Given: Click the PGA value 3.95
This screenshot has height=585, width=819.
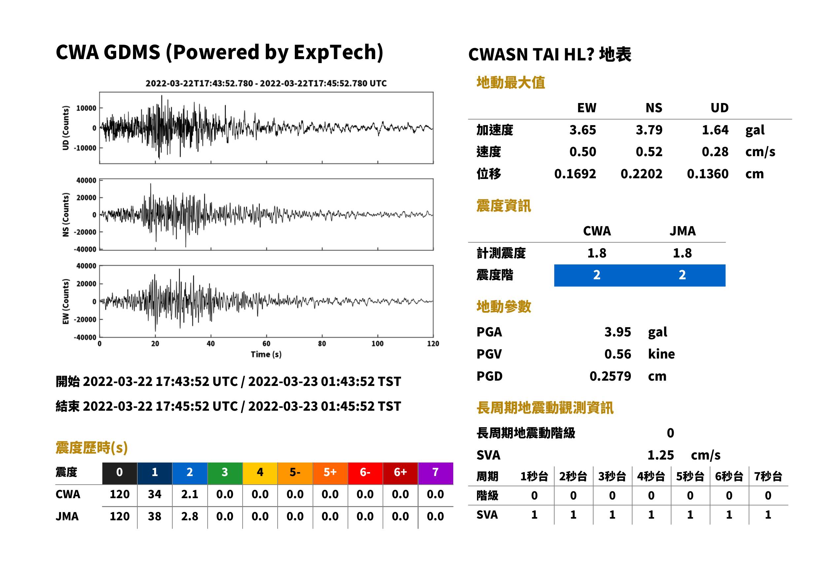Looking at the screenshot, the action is point(617,332).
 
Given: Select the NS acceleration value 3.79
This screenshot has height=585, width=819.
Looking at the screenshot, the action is point(649,130).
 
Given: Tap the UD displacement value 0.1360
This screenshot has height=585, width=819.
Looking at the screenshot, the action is point(707,174).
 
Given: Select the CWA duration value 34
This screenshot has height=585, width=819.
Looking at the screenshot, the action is point(154,494).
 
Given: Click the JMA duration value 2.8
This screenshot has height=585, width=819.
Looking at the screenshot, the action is point(189,516).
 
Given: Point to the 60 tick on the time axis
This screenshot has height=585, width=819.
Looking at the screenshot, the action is point(266,344).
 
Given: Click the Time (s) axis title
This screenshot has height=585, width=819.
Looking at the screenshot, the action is point(266,355).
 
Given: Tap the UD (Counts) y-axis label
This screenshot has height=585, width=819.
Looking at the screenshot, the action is point(66,128).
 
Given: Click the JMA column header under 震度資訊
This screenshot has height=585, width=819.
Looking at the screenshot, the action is point(683,231).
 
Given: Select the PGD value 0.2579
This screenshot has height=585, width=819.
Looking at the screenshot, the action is point(610,376).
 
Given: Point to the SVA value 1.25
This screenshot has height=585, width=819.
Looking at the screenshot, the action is point(661,455).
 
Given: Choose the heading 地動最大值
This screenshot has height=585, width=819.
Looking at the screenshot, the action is point(511,83).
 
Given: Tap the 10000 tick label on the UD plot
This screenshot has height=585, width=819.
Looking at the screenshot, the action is point(86,108).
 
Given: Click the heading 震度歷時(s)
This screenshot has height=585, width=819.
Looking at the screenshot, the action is point(92,448).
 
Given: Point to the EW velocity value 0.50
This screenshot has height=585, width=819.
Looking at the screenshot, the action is point(582,152).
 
